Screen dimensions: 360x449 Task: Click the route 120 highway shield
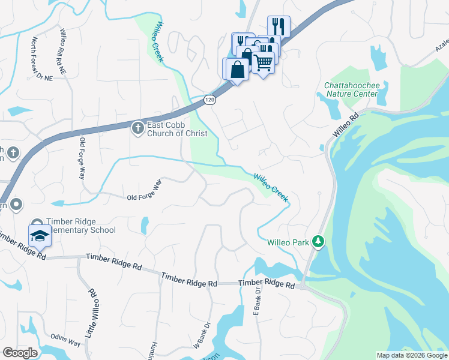pos(208,100)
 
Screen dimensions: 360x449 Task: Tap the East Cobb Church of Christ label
pos(177,129)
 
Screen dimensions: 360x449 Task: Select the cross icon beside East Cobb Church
pos(137,127)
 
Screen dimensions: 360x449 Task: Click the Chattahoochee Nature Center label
pos(352,90)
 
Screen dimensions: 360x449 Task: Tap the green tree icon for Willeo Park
pos(318,242)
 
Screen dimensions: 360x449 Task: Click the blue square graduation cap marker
pos(40,235)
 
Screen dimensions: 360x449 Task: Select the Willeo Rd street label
pos(345,123)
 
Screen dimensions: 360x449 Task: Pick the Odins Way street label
pos(65,341)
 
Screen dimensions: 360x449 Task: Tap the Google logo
pos(20,353)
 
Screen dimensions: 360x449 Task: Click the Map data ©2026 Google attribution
pos(411,355)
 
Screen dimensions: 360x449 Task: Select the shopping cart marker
pos(264,61)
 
